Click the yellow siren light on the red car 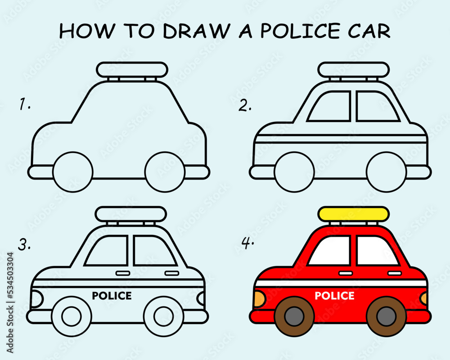pyautogui.click(x=353, y=213)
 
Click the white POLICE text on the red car pyautogui.click(x=334, y=296)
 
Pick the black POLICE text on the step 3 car pyautogui.click(x=112, y=296)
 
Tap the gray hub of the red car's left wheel pyautogui.click(x=294, y=316)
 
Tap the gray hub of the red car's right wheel pyautogui.click(x=386, y=316)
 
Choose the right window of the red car pyautogui.click(x=376, y=251)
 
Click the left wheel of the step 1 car pyautogui.click(x=72, y=171)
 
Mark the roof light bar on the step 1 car pyautogui.click(x=132, y=70)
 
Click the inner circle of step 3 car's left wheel pyautogui.click(x=72, y=316)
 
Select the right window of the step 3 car pyautogui.click(x=153, y=251)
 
